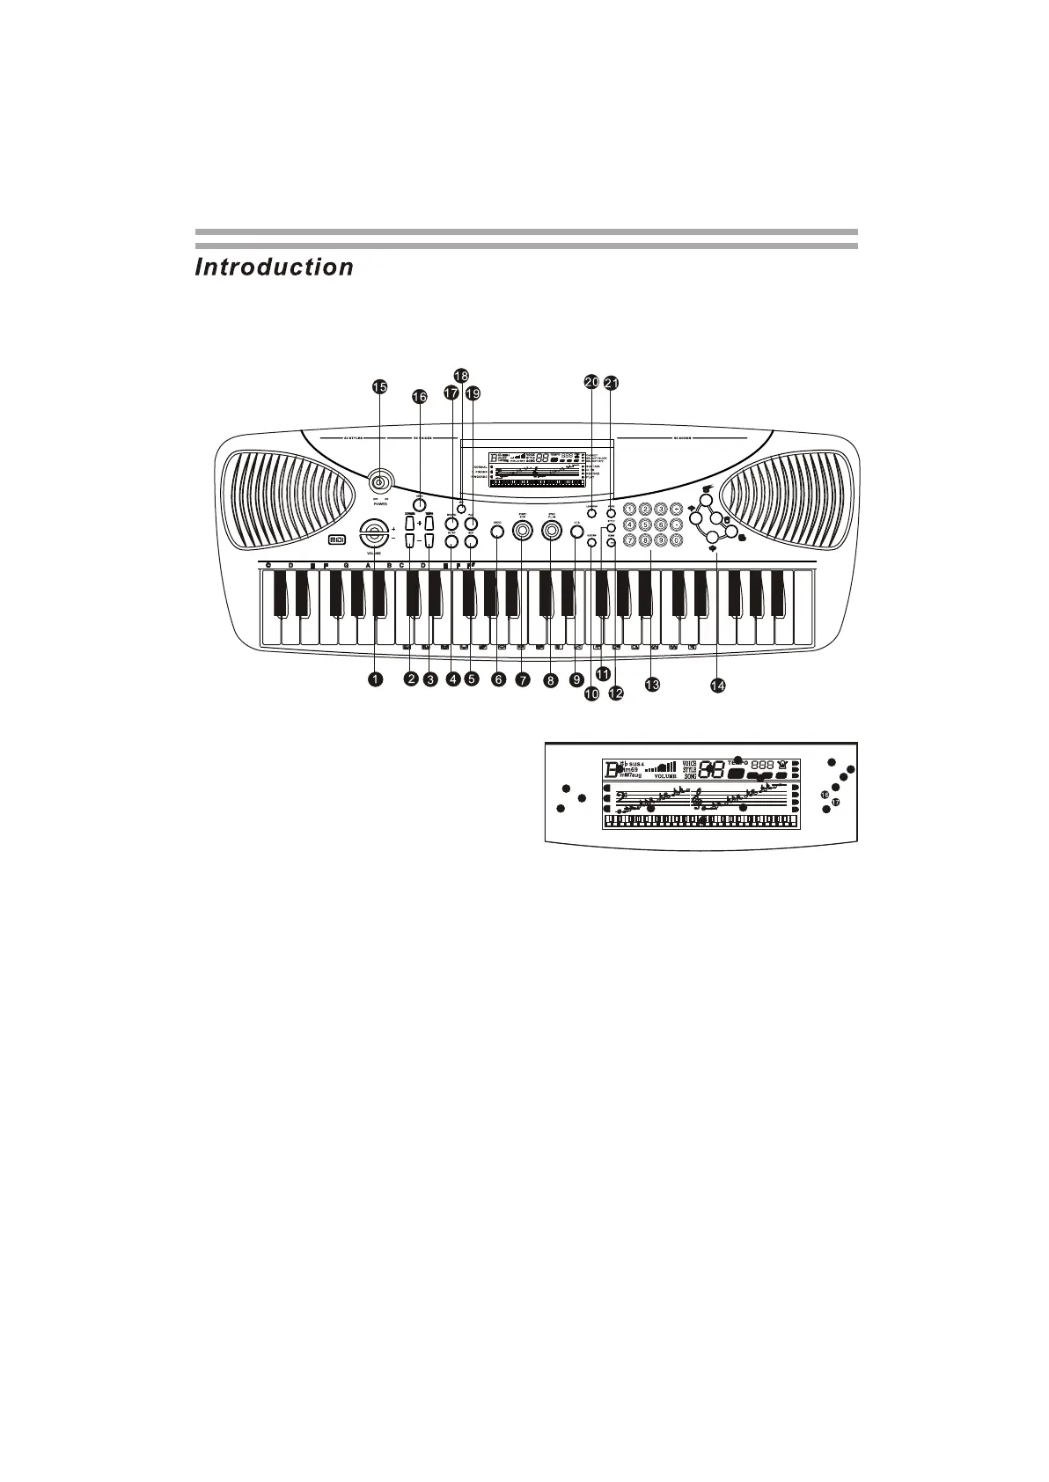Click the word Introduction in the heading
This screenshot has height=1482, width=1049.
coord(274,268)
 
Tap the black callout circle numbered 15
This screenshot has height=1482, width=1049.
coord(378,387)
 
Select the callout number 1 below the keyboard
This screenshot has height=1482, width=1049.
coord(376,679)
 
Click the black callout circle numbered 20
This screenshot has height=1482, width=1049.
coord(591,382)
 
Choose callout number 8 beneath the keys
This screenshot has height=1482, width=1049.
coord(551,679)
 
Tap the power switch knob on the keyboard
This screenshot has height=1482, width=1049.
coord(380,481)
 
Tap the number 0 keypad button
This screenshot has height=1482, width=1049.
coord(676,540)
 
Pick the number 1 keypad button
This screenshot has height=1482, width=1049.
coord(629,509)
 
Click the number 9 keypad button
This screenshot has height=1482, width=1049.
coord(660,540)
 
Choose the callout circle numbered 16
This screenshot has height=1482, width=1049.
coord(419,398)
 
